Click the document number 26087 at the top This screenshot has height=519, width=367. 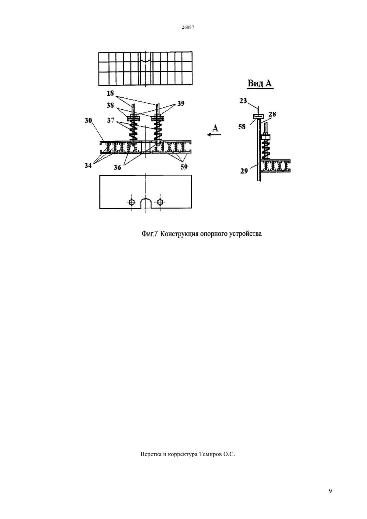click(x=188, y=27)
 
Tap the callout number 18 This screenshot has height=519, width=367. click(x=110, y=93)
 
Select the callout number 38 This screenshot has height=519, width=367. click(x=110, y=105)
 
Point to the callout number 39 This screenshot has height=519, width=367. click(x=181, y=104)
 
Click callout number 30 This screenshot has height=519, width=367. click(x=88, y=120)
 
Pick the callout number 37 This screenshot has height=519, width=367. click(x=110, y=120)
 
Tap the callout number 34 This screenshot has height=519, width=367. click(x=88, y=165)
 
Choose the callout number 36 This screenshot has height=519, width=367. click(x=117, y=167)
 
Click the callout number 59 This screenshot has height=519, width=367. click(x=184, y=167)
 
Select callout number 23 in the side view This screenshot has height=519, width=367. click(x=243, y=101)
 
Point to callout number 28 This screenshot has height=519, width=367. click(x=272, y=114)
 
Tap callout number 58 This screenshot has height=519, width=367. click(x=242, y=127)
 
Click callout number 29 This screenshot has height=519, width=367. click(x=244, y=171)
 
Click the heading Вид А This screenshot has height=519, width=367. click(x=260, y=83)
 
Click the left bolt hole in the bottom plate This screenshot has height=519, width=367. click(x=132, y=202)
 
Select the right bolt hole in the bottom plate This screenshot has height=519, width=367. click(x=160, y=202)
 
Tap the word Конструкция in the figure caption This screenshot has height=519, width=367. click(x=179, y=234)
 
